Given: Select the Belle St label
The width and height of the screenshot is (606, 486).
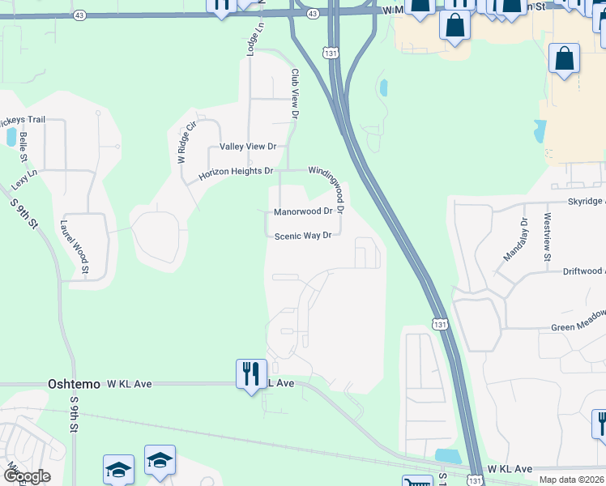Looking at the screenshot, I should tap(26, 147).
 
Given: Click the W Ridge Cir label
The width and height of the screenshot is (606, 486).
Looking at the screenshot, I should tap(186, 142).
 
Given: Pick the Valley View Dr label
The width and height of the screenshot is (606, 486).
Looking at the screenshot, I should tap(248, 147).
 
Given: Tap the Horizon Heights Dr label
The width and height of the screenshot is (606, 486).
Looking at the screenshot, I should tap(236, 172).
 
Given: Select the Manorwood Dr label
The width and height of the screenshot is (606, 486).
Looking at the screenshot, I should tap(302, 211).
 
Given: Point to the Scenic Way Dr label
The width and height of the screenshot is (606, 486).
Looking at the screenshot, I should tap(302, 236).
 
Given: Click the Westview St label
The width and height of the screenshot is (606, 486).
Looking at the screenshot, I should tap(548, 237).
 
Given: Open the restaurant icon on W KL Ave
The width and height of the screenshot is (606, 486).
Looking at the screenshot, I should tap(250, 374).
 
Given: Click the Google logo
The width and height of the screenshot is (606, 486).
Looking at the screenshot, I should tap(27, 476).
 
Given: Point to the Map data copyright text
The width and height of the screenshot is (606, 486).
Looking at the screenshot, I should tap(570, 480).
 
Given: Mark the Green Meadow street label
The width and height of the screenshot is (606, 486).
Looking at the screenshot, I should tap(578, 327).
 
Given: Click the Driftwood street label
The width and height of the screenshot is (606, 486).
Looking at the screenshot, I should tap(583, 271).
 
